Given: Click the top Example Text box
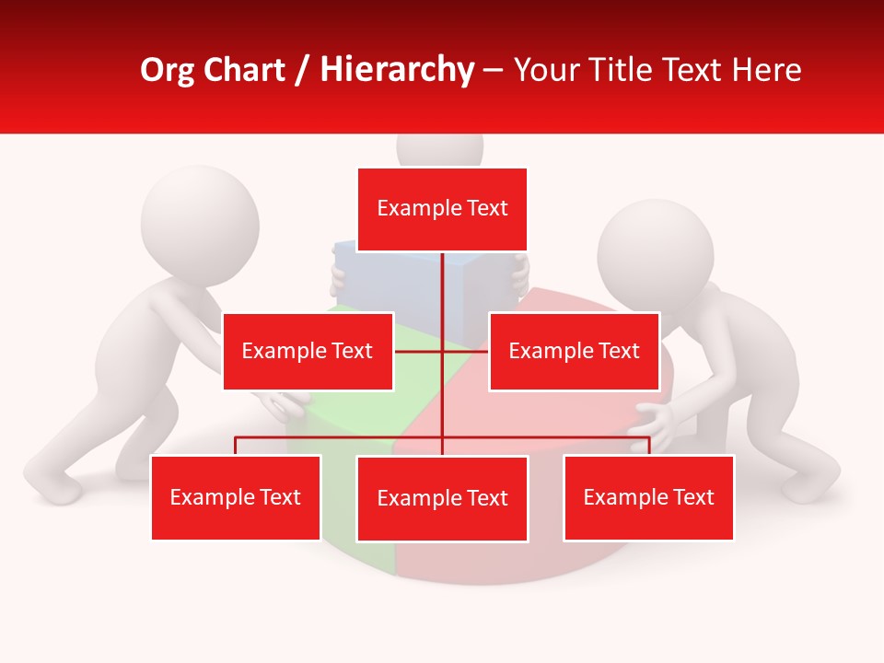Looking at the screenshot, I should tap(442, 209).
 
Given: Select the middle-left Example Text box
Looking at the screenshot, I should tap(308, 351).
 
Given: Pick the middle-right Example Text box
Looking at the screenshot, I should tap(574, 351).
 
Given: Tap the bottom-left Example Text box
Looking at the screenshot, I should tap(236, 497).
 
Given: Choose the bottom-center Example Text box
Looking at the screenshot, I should tap(442, 498).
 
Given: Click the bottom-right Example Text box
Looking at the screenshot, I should tap(648, 497).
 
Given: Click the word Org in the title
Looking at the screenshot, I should tap(168, 70).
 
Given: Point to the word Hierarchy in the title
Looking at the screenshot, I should tap(397, 70).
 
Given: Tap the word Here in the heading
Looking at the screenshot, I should tap(766, 70).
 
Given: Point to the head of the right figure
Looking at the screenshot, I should tap(655, 256).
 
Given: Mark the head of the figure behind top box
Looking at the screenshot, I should tap(439, 150).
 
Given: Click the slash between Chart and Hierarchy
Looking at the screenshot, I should tap(302, 71).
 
